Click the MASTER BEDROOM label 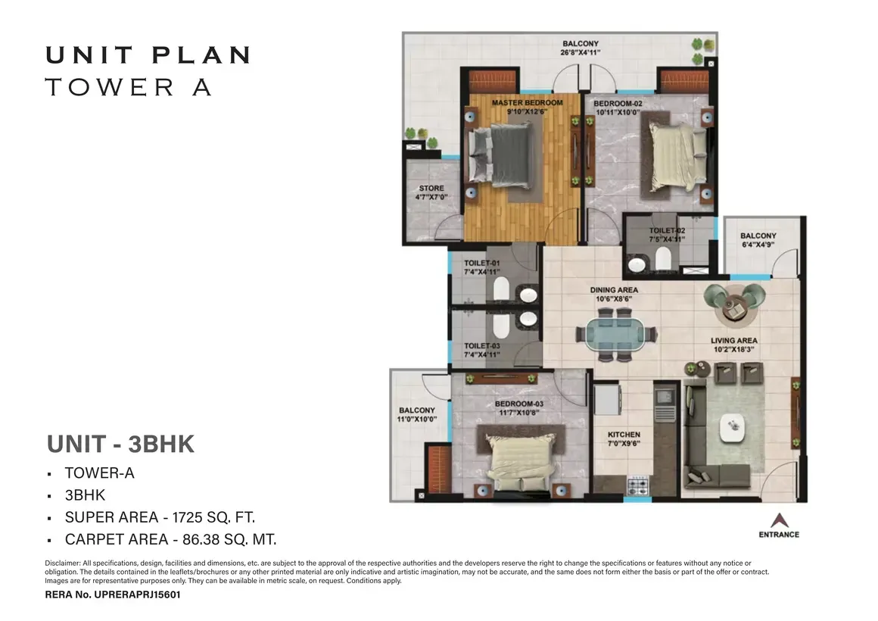[x=527, y=102]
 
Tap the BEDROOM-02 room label [x=618, y=104]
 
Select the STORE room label [x=431, y=189]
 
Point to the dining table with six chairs [x=616, y=335]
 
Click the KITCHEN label [x=624, y=435]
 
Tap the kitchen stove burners [x=637, y=485]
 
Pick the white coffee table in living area [x=733, y=428]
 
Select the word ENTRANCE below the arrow [x=779, y=535]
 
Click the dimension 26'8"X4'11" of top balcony [x=580, y=53]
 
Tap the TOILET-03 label [x=481, y=346]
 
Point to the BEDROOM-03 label [x=519, y=404]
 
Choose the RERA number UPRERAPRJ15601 [x=137, y=594]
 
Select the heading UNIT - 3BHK [x=120, y=444]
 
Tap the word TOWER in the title [x=110, y=87]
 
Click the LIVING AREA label [x=734, y=340]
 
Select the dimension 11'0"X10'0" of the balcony [x=416, y=420]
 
